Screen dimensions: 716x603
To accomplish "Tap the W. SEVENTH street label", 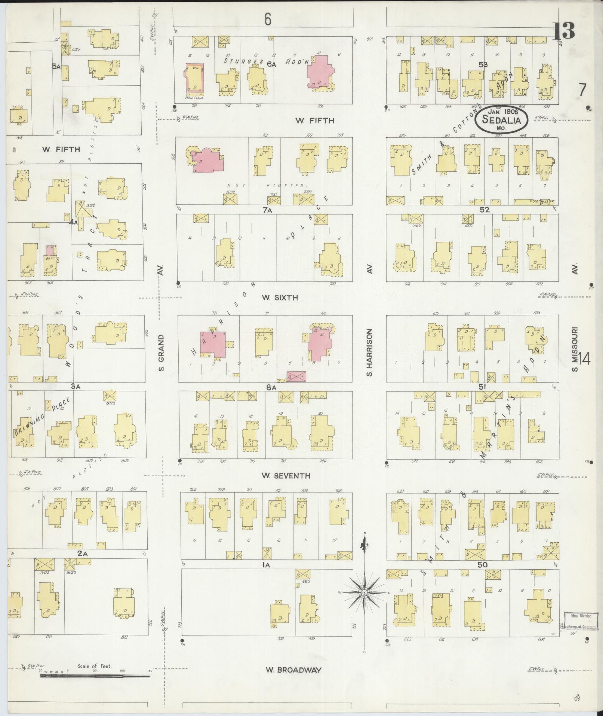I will click(x=286, y=476).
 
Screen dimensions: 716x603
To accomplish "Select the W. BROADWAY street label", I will click(x=293, y=670).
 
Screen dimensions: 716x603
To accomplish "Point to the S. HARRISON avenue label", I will click(x=369, y=352).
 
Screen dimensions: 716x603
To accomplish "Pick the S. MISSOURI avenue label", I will click(x=575, y=350).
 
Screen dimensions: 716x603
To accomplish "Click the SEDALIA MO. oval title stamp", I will click(x=501, y=120).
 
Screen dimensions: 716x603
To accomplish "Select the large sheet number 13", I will click(x=564, y=31).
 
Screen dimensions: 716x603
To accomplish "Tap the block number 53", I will click(x=483, y=64).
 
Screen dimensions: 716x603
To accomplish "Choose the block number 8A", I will click(x=271, y=388).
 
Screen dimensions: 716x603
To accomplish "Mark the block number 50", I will click(x=483, y=564).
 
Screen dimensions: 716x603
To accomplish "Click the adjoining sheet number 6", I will click(x=267, y=19).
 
